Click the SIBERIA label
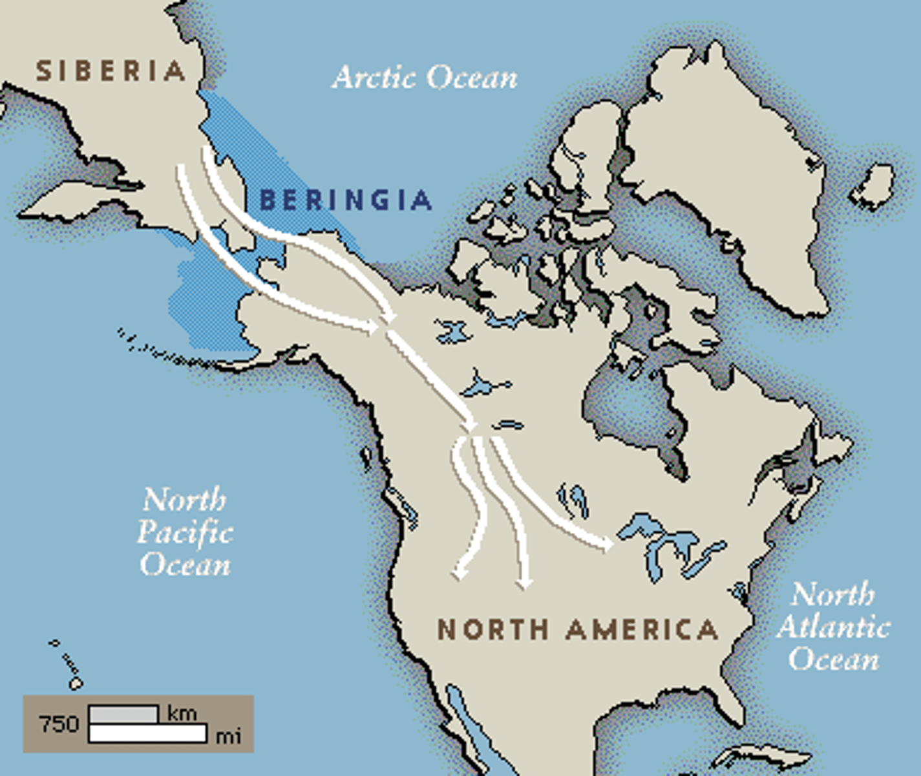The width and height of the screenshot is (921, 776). coord(111,70)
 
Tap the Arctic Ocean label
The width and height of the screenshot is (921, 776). coord(425,78)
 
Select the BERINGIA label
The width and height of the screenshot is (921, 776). coord(345,200)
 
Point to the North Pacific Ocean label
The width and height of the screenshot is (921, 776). coord(185,532)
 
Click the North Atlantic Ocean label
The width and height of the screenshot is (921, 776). coord(833,627)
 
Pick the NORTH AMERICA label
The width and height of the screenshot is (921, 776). coord(578,629)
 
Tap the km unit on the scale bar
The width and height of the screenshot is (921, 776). coord(182,713)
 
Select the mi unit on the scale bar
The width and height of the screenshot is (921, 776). coord(228,735)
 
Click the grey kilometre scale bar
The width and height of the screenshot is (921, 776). coord(123,714)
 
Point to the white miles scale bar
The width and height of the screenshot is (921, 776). coord(147,733)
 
